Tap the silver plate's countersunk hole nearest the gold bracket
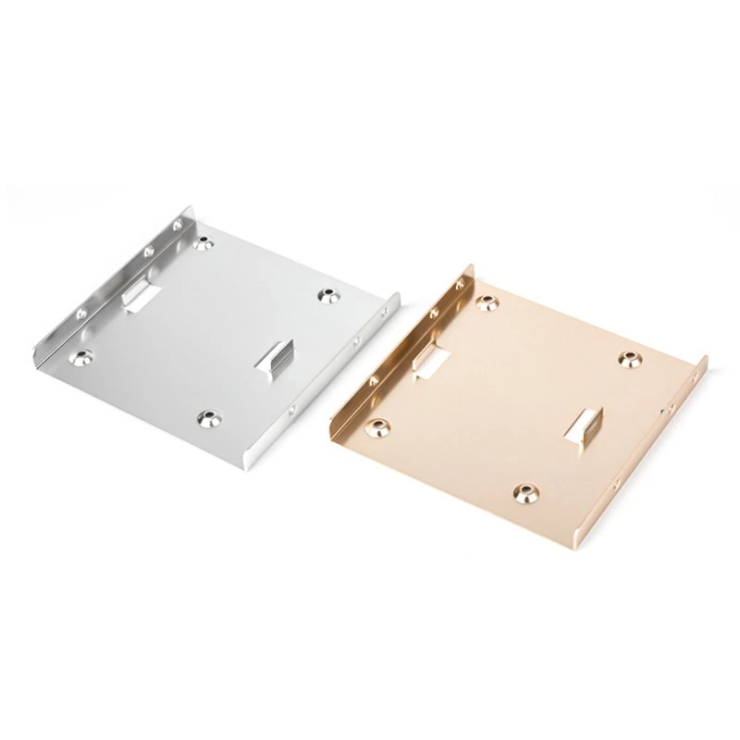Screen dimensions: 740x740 [327, 295]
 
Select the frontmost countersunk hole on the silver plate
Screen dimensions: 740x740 [210, 418]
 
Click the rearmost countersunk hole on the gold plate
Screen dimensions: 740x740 [484, 302]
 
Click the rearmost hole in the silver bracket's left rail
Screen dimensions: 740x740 [179, 225]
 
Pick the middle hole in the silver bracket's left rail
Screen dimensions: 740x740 [147, 251]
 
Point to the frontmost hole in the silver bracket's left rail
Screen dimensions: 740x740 [80, 313]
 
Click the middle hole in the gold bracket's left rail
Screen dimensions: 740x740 [433, 313]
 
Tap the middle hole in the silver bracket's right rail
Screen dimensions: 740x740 [356, 341]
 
